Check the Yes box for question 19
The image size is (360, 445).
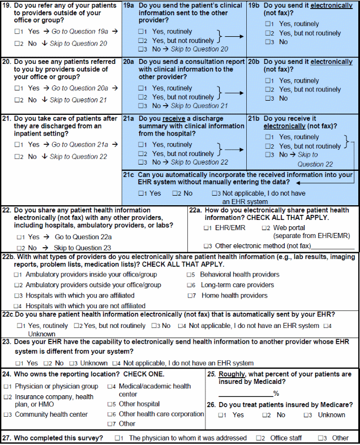(x=19, y=32)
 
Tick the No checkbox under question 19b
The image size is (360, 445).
(x=268, y=42)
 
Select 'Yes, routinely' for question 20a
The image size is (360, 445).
(x=141, y=88)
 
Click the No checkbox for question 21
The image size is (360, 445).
(x=19, y=157)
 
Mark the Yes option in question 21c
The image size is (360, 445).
(x=141, y=193)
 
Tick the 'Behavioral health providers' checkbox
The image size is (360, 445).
(x=191, y=275)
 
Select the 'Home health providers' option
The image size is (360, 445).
(x=191, y=296)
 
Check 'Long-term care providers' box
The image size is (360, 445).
(x=191, y=286)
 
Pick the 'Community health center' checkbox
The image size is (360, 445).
(x=6, y=414)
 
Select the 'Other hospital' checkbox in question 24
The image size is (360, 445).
(x=111, y=404)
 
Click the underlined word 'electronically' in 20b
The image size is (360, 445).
(x=331, y=62)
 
